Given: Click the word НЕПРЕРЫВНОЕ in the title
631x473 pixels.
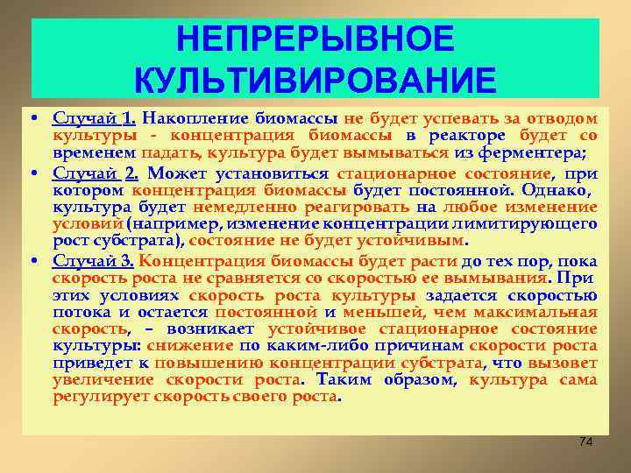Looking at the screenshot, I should [x=315, y=39].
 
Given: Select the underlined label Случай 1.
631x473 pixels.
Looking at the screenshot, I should [x=93, y=118].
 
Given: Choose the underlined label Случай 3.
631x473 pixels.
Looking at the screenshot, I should [x=93, y=260].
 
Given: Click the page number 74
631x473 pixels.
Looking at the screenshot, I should [x=585, y=441].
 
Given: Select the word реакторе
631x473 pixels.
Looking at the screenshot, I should [x=466, y=135].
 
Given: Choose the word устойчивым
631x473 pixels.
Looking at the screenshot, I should [x=418, y=240].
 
